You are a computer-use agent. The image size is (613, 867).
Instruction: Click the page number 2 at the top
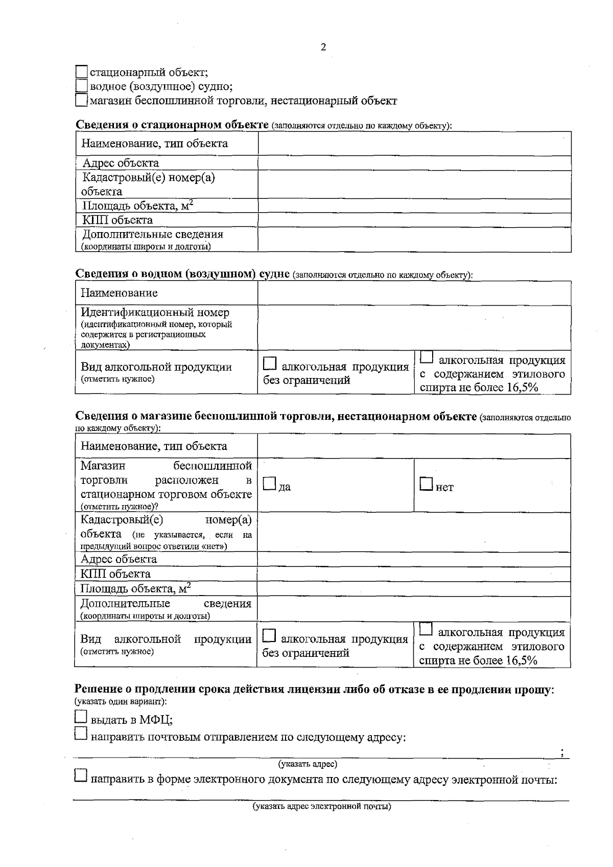point(323,48)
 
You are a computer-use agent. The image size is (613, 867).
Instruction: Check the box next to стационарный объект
point(81,72)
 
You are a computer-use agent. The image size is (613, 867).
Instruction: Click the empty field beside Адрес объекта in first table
point(414,163)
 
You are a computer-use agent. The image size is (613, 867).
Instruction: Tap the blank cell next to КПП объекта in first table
point(414,220)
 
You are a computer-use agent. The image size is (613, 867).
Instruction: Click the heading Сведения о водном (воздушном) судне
point(182,274)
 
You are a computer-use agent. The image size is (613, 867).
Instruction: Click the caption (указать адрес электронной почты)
point(322,807)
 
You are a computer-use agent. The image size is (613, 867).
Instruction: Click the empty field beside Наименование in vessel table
point(414,293)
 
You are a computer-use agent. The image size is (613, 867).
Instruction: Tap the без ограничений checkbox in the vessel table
point(270,364)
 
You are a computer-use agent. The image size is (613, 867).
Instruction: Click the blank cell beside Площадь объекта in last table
point(414,588)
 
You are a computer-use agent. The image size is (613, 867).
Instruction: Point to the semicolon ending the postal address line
point(562,752)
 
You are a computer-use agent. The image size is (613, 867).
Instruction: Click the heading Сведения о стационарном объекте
point(172,125)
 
